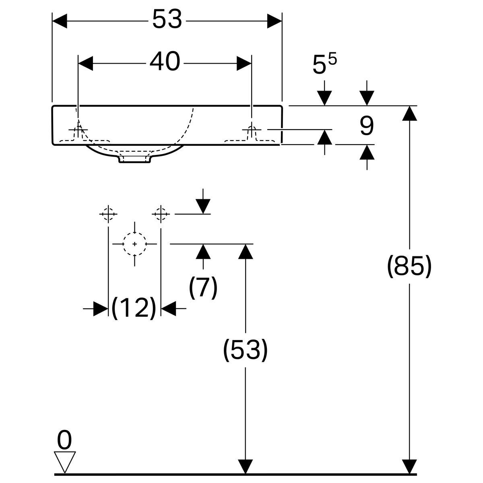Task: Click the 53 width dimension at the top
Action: pos(167,19)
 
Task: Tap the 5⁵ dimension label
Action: pos(324,64)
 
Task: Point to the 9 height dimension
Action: pos(366,126)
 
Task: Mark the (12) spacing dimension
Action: pos(134,308)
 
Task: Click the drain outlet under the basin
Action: pos(134,159)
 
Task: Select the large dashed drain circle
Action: pos(134,244)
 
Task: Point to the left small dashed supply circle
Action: pos(108,214)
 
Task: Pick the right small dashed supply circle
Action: pos(161,214)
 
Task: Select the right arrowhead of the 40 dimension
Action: pos(244,63)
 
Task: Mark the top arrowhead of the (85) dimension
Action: pos(409,113)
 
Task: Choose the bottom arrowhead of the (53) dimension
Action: pos(245,466)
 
